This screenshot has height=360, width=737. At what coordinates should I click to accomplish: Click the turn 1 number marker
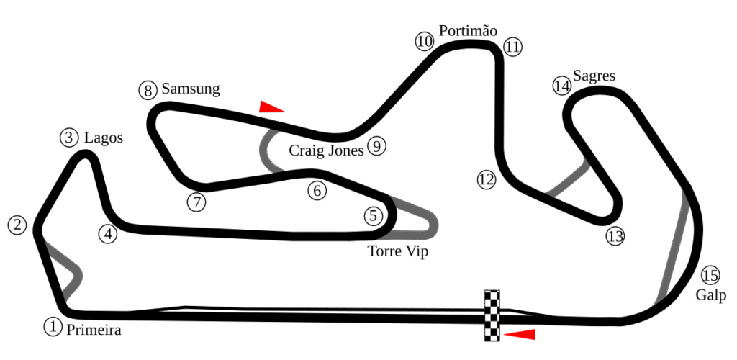pos(52,327)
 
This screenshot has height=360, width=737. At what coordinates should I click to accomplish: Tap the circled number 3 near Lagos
pos(69,138)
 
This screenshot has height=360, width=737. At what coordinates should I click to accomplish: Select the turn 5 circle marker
pos(372,215)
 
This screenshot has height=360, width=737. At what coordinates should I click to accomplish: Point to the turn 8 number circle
pos(148,91)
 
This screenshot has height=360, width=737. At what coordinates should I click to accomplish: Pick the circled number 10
pos(425,42)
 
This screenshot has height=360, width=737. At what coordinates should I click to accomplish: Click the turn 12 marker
pos(487,180)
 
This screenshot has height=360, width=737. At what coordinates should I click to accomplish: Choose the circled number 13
pos(615,236)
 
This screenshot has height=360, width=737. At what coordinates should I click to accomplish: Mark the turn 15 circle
pos(710,275)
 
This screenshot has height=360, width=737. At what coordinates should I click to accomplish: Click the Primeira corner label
pos(94,331)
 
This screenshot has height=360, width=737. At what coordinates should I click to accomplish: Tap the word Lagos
pos(104,138)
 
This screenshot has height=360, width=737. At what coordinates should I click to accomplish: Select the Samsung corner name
pos(191,89)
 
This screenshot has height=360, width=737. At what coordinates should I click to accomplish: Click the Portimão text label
pos(468,31)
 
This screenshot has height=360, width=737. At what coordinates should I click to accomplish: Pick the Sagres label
pos(594,76)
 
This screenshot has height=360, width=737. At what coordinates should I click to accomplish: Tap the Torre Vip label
pos(397,251)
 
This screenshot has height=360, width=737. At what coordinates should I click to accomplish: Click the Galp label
pos(710,295)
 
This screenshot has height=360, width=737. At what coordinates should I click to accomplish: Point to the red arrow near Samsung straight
pos(271,107)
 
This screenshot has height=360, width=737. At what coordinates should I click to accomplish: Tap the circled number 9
pos(376,146)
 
